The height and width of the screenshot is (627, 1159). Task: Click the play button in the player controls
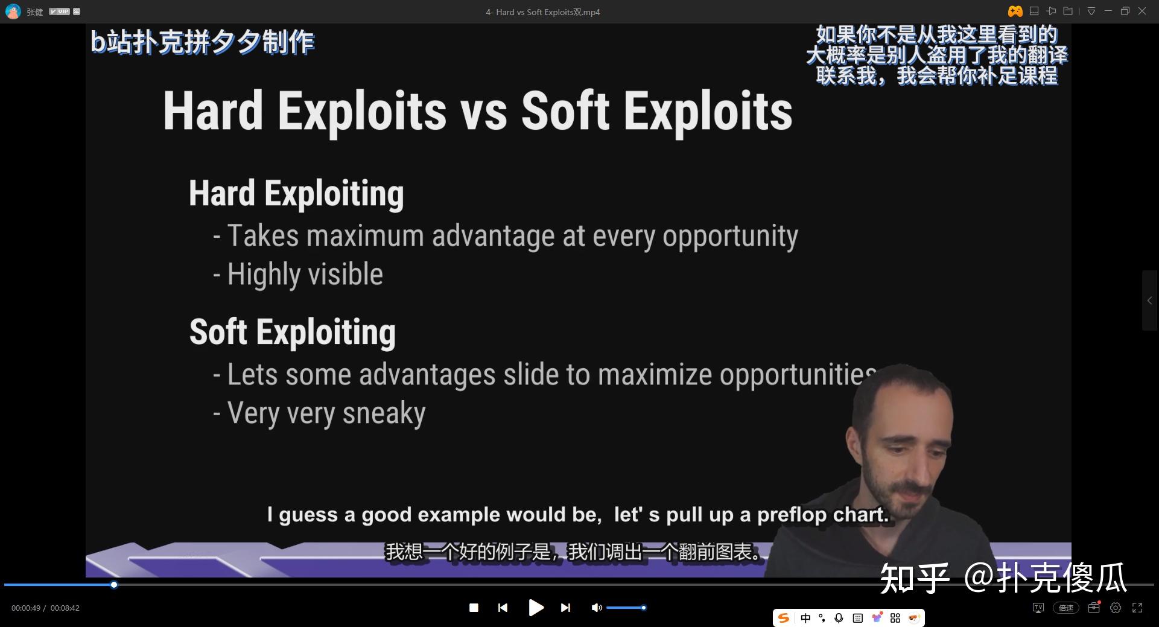click(x=536, y=608)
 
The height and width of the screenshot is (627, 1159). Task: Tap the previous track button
click(x=503, y=608)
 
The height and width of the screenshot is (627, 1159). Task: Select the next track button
click(x=565, y=608)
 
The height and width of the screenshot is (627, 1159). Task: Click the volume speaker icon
click(x=597, y=608)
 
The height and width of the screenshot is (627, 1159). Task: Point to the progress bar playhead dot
click(x=114, y=585)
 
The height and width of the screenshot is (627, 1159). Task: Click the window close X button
click(x=1142, y=11)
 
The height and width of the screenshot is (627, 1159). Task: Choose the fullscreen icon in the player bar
click(x=1137, y=608)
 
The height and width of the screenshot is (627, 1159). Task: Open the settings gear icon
click(x=1116, y=608)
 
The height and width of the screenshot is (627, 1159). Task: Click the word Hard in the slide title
click(x=214, y=110)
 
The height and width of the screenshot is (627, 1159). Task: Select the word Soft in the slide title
click(x=565, y=110)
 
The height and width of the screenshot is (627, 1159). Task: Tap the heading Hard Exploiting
click(x=296, y=194)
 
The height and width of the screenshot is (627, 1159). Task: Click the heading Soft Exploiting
click(x=293, y=333)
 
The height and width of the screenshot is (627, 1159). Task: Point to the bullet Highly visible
click(x=298, y=275)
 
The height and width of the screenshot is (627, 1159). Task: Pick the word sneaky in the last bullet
click(x=384, y=413)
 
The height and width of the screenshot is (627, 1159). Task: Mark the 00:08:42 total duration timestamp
click(x=65, y=608)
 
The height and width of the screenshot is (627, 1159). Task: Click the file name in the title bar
click(x=542, y=12)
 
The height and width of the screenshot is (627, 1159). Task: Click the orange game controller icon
click(x=1015, y=11)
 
